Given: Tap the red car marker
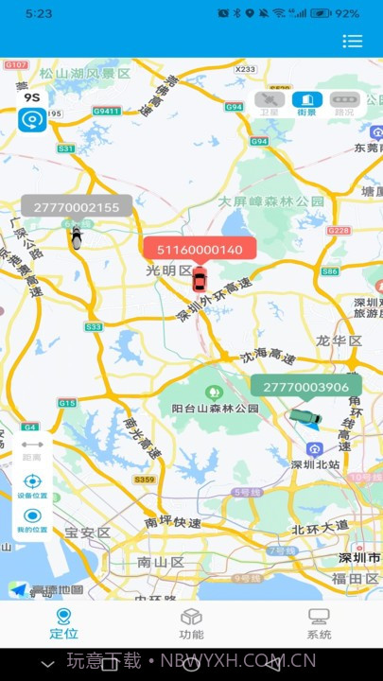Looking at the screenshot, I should click(199, 280).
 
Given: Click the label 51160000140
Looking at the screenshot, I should click(200, 250).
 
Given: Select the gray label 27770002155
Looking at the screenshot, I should click(77, 207).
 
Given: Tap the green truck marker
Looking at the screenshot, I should click(305, 416).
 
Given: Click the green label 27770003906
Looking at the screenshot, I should click(305, 387).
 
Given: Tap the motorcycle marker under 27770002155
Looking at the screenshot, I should click(76, 237).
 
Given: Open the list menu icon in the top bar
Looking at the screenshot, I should click(353, 41).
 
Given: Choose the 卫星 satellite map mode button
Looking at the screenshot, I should click(270, 103).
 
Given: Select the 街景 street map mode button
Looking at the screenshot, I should click(306, 103).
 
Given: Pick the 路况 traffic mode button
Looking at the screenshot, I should click(343, 103).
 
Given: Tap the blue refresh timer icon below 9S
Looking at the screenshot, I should click(32, 120).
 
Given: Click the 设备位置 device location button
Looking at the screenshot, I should click(32, 484).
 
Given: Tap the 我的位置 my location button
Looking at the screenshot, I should click(32, 519).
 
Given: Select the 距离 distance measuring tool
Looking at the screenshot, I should click(32, 448).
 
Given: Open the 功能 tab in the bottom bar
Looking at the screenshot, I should click(191, 623).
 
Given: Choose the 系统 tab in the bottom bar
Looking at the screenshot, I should click(319, 623).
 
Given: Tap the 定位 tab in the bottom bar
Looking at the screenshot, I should click(63, 623).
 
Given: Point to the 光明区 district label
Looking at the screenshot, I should click(169, 271).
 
